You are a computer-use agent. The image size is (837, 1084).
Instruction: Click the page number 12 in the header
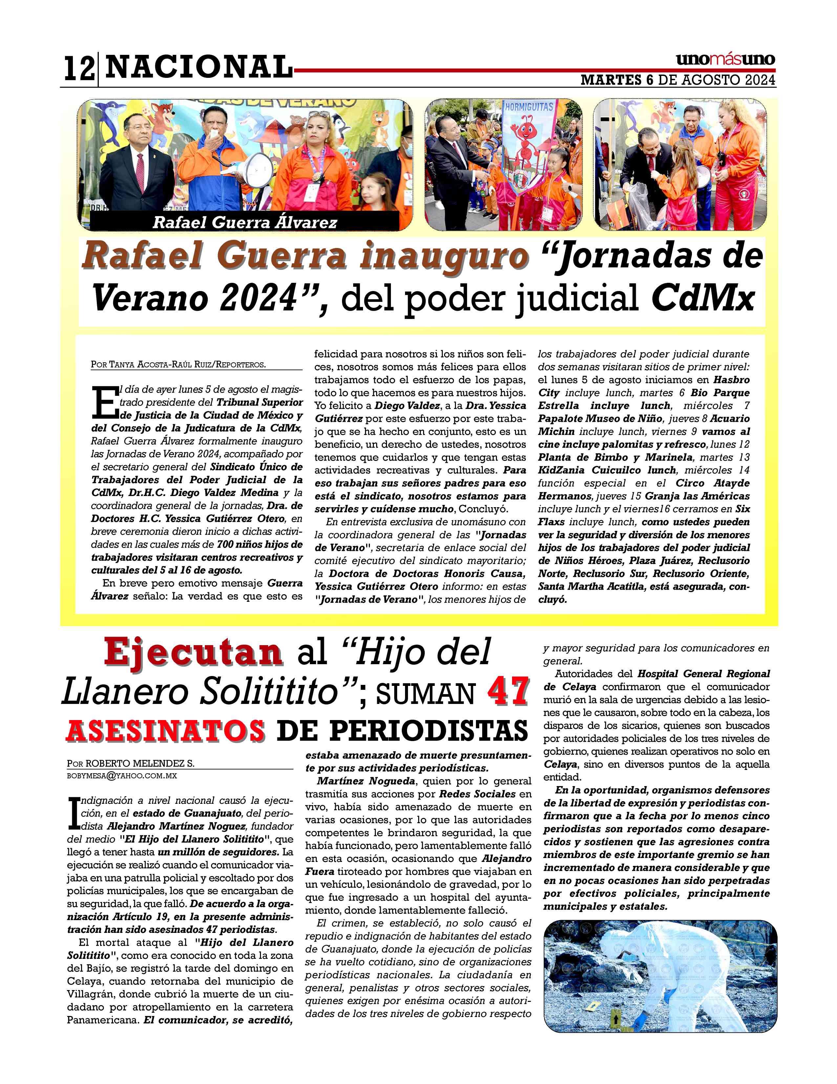pos(79,69)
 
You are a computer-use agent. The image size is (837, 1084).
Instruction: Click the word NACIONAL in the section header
pos(198,67)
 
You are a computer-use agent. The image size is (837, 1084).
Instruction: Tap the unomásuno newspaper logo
pos(725,59)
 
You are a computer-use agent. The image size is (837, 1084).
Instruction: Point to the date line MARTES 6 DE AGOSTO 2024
pos(677,80)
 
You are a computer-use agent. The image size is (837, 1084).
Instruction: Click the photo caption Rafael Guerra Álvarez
pos(245,222)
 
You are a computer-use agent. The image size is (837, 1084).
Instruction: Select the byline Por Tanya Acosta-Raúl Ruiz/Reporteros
pos(179,364)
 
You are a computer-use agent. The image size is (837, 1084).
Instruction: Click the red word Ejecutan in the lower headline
pos(193,653)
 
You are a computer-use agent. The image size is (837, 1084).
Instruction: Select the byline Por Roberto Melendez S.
pos(131,763)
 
